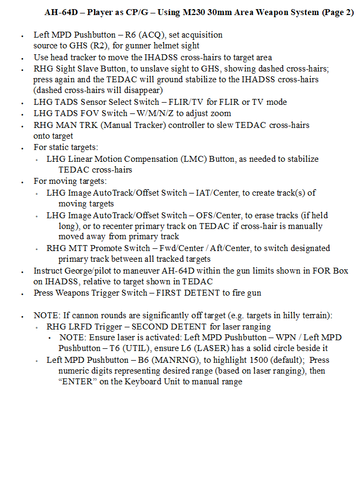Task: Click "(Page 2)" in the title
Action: click(337, 12)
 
